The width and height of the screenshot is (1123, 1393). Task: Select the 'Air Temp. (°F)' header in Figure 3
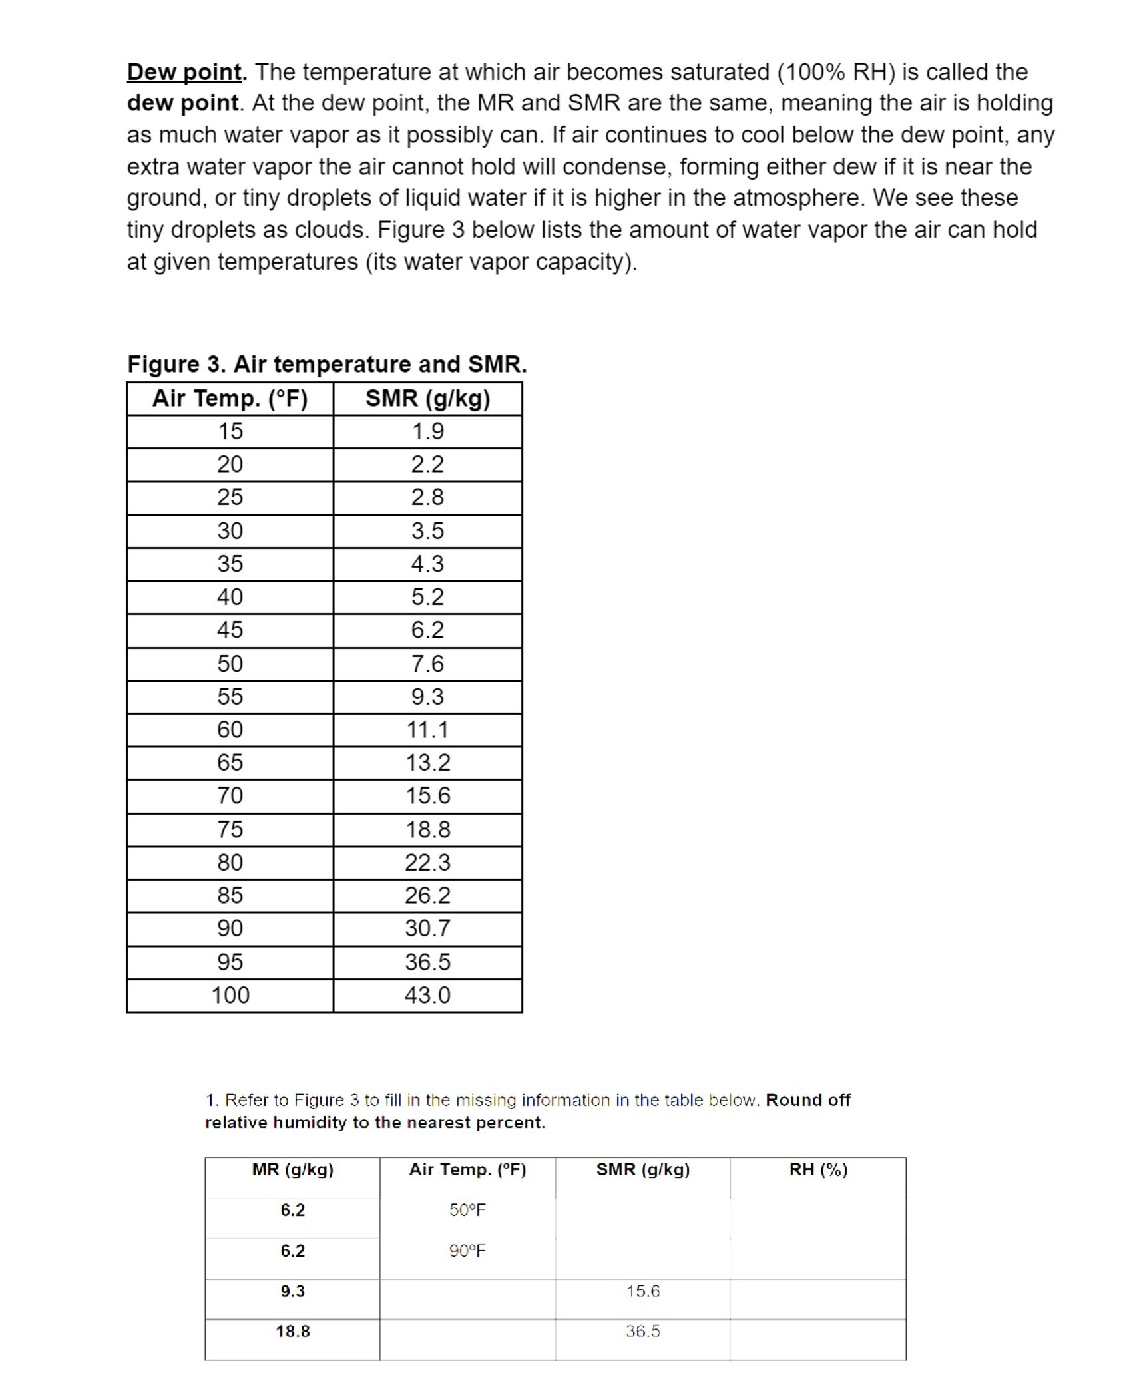(x=230, y=399)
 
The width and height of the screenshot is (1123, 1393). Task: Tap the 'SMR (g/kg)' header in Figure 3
(x=427, y=399)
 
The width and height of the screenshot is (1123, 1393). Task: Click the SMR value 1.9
(x=427, y=431)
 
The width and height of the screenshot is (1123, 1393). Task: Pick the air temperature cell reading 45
(x=230, y=630)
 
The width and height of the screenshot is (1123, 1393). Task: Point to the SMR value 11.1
(x=427, y=729)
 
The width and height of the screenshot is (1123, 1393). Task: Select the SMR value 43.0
(x=427, y=995)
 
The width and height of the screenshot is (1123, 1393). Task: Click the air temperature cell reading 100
(x=230, y=995)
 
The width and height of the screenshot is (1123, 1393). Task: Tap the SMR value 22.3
(x=427, y=862)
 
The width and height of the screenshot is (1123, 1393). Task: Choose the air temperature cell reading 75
(x=230, y=829)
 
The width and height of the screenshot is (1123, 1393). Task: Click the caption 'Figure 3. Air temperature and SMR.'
(x=327, y=364)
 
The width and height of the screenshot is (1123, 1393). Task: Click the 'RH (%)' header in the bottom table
(x=818, y=1169)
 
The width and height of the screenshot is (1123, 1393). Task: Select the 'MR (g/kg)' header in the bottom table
(x=292, y=1169)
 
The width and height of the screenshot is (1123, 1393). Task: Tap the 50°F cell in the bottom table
(x=467, y=1210)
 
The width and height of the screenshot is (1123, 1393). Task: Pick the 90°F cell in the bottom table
(x=467, y=1251)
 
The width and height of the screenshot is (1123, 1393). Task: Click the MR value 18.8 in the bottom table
(x=292, y=1331)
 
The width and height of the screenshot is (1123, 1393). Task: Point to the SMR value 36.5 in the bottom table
(x=642, y=1331)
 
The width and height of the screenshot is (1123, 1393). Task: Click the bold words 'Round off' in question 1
(x=807, y=1100)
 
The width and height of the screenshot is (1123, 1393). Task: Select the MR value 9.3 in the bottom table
(x=292, y=1291)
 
